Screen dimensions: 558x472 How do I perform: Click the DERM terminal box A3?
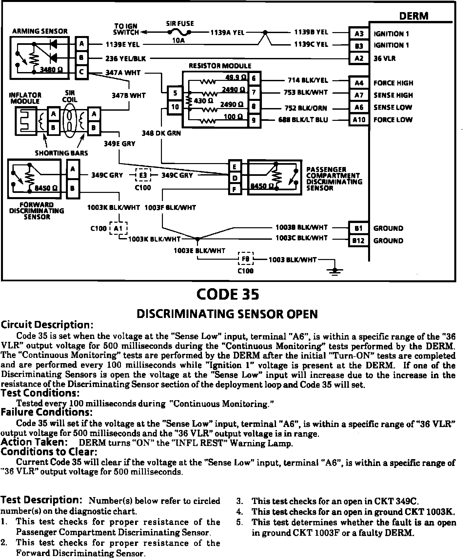coord(359,33)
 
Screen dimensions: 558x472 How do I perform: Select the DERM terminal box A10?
coord(359,120)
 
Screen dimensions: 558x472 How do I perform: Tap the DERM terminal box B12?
coord(358,241)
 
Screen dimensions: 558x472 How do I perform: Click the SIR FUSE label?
coord(180,24)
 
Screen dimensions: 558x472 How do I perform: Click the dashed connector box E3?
coord(143,175)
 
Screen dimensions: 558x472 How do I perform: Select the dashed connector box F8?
coord(246,259)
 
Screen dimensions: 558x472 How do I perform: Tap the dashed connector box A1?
coord(118,228)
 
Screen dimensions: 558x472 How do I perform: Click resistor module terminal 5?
coord(175,93)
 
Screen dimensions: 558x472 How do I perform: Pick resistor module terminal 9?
coord(254,121)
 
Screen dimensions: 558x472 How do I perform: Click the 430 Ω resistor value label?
coord(204,101)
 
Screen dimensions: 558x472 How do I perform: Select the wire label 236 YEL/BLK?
coord(126,59)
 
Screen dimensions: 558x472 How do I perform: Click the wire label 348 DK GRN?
coord(161,133)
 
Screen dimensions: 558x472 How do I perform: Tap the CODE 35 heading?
coord(228,294)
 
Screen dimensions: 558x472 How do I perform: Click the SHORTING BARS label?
coord(62,153)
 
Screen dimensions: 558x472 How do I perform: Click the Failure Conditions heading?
coord(47,412)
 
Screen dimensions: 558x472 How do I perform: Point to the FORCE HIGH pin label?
coord(393,83)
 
